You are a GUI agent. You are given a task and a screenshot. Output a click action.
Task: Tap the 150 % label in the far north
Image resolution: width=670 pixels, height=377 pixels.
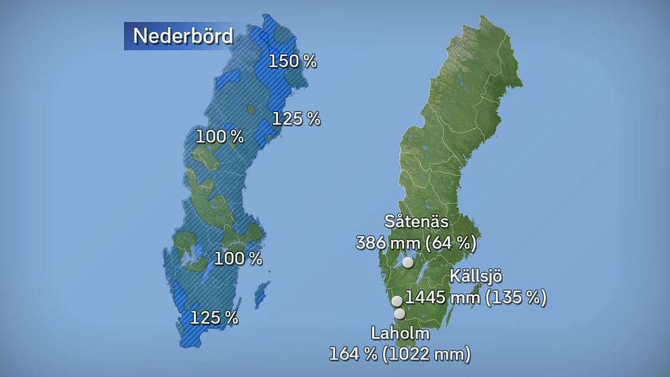(292, 61)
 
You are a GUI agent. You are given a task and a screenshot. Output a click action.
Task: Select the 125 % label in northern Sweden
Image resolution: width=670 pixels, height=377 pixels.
(296, 119)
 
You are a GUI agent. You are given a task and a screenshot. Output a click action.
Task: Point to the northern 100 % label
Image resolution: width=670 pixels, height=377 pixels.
(220, 136)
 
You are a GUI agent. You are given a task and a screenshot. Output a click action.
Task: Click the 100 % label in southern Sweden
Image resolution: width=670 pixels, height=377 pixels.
(238, 258)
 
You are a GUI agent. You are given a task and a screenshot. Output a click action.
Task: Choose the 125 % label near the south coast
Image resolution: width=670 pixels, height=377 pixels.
(213, 317)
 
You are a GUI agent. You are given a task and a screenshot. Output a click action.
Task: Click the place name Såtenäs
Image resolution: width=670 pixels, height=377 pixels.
(416, 222)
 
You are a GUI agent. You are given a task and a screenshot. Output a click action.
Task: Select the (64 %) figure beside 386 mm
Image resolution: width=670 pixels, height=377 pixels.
(451, 242)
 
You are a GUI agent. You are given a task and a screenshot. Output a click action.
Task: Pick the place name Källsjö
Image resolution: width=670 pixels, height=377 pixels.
(476, 276)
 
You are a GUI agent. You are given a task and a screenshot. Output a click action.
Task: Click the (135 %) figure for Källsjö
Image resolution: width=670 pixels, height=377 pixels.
(515, 297)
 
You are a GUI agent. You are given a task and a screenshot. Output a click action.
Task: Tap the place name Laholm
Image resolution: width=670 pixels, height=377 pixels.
(400, 333)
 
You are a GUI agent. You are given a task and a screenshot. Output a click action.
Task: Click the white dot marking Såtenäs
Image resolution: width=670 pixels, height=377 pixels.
(408, 262)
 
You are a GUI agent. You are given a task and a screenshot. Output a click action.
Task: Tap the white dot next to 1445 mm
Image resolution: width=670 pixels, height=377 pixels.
(397, 301)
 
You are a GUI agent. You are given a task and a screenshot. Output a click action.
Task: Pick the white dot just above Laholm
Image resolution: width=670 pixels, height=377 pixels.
(399, 313)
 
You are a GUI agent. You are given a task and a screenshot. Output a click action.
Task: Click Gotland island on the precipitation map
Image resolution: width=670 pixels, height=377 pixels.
(260, 295)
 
